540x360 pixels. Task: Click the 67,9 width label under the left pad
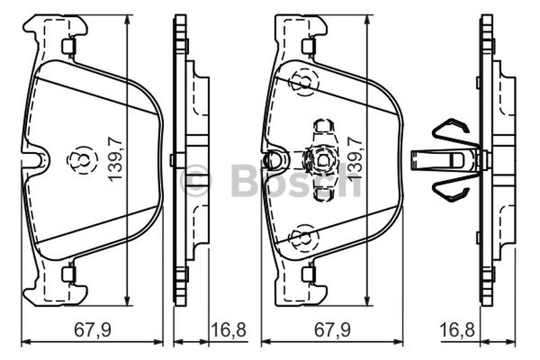click(92, 330)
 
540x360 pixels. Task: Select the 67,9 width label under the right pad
click(332, 330)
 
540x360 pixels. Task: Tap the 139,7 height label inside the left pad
click(115, 158)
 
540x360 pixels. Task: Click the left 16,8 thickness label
click(228, 330)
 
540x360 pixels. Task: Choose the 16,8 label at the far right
click(458, 330)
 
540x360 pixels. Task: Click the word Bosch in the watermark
click(296, 180)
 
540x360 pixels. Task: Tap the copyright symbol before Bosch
click(196, 180)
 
